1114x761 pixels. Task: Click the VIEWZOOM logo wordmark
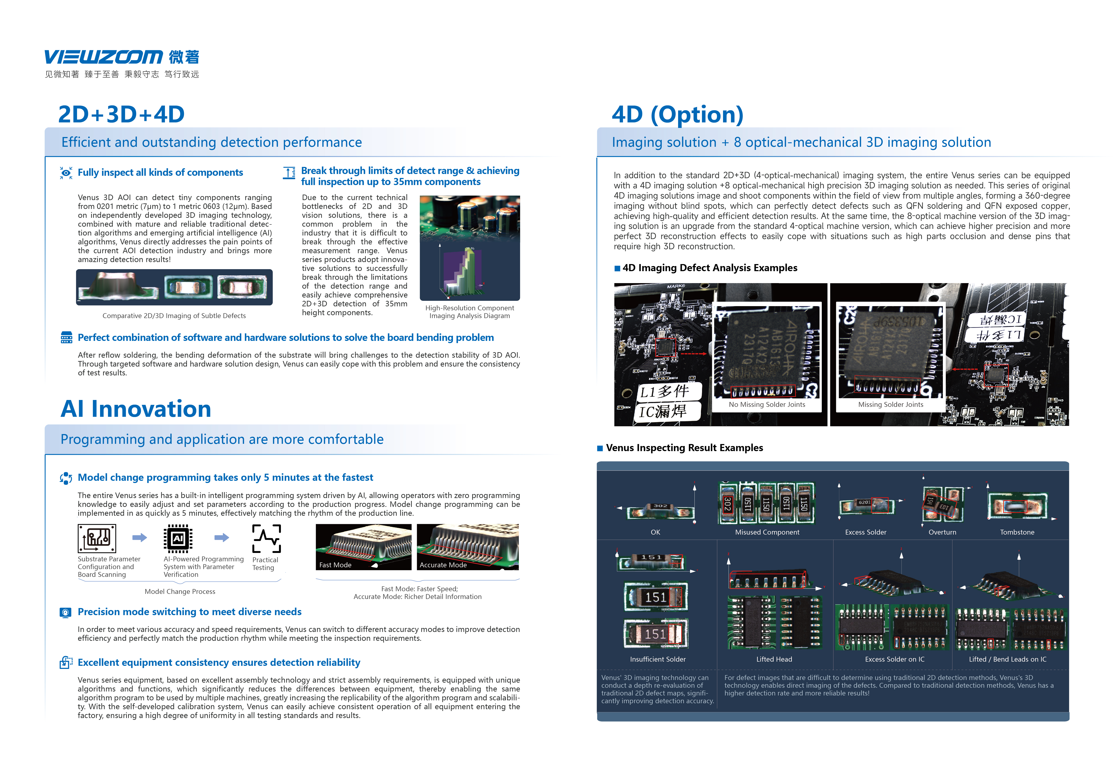104,57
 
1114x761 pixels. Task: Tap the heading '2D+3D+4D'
121,114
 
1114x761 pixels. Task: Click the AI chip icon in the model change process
178,538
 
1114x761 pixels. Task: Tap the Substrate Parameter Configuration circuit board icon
97,538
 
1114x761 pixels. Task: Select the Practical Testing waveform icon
267,539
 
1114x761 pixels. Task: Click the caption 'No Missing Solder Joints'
767,404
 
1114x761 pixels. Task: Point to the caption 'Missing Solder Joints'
891,404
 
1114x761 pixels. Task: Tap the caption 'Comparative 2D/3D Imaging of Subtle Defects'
174,316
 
